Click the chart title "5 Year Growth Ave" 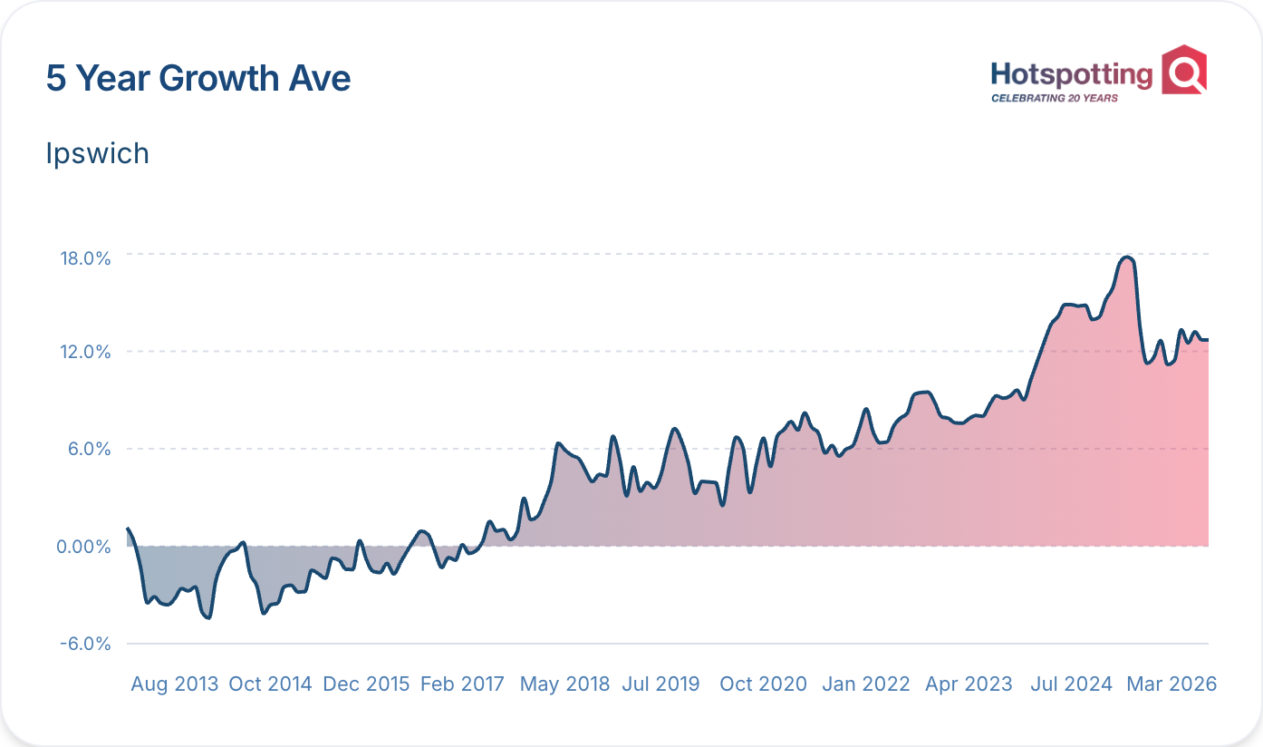pos(198,79)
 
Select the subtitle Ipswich pos(97,154)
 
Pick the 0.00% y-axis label pos(83,547)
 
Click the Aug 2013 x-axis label pos(175,684)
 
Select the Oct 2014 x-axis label pos(270,684)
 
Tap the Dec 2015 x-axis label pos(366,684)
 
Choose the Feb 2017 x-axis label pos(462,684)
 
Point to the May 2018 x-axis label pos(564,684)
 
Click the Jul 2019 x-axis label pos(660,684)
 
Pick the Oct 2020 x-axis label pos(763,684)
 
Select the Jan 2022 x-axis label pos(865,684)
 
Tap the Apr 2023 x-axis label pos(969,684)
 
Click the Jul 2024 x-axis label pos(1071,684)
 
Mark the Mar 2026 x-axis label pos(1171,684)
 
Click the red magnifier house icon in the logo pos(1184,70)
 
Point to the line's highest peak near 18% pos(1127,258)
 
